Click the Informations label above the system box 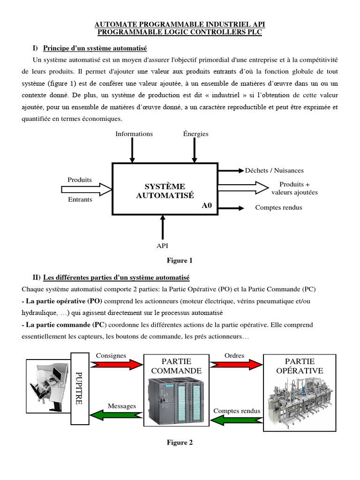(134, 134)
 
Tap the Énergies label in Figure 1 (195, 134)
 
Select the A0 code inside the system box (207, 205)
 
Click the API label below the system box (162, 246)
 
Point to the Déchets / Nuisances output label (274, 171)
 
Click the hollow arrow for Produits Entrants (86, 189)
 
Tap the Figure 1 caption (180, 261)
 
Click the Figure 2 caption (180, 442)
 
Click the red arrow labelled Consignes (116, 364)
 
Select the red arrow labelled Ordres (236, 364)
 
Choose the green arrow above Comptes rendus (236, 402)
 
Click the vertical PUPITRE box (79, 388)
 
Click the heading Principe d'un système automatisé (95, 48)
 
